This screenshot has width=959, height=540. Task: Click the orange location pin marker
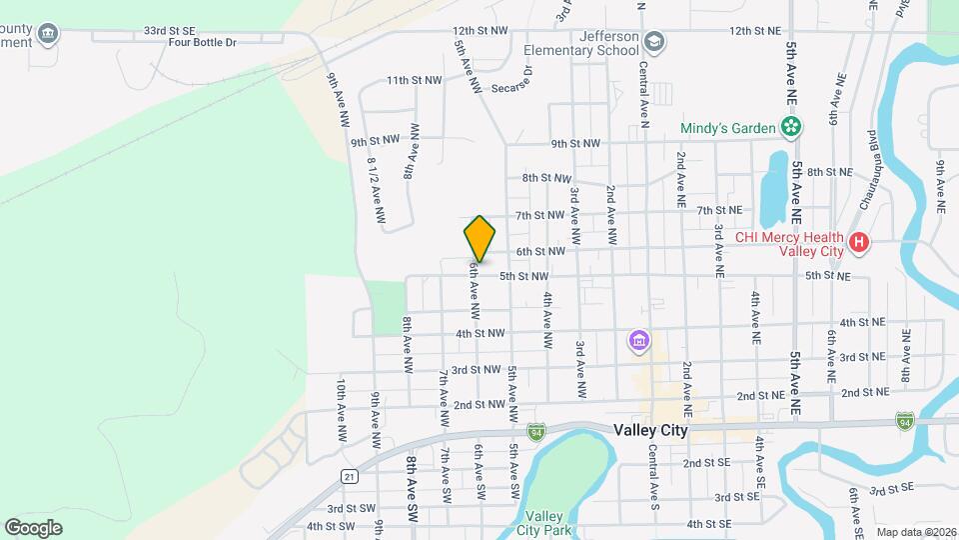click(479, 238)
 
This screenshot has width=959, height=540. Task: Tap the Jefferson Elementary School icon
click(653, 41)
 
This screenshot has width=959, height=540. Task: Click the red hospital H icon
click(857, 242)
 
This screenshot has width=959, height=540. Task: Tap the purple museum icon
click(637, 342)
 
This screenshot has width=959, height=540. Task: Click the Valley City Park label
click(547, 523)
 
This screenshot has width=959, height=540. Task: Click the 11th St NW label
click(414, 80)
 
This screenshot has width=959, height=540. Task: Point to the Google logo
click(33, 527)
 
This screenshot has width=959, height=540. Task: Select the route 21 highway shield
click(349, 476)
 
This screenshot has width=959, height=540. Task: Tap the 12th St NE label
click(755, 31)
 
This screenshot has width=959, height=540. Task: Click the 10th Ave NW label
click(341, 411)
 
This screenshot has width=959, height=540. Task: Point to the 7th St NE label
click(719, 210)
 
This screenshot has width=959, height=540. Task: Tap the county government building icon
click(47, 36)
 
